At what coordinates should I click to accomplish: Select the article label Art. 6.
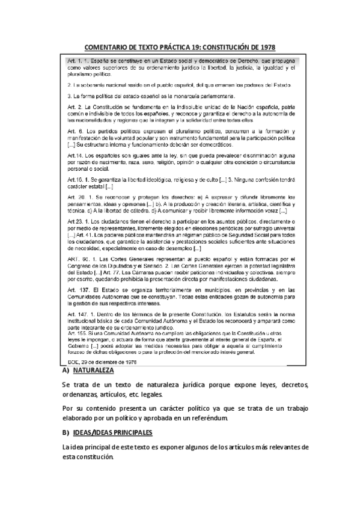click(x=75, y=131)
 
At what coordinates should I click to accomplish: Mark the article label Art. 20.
click(x=76, y=197)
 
